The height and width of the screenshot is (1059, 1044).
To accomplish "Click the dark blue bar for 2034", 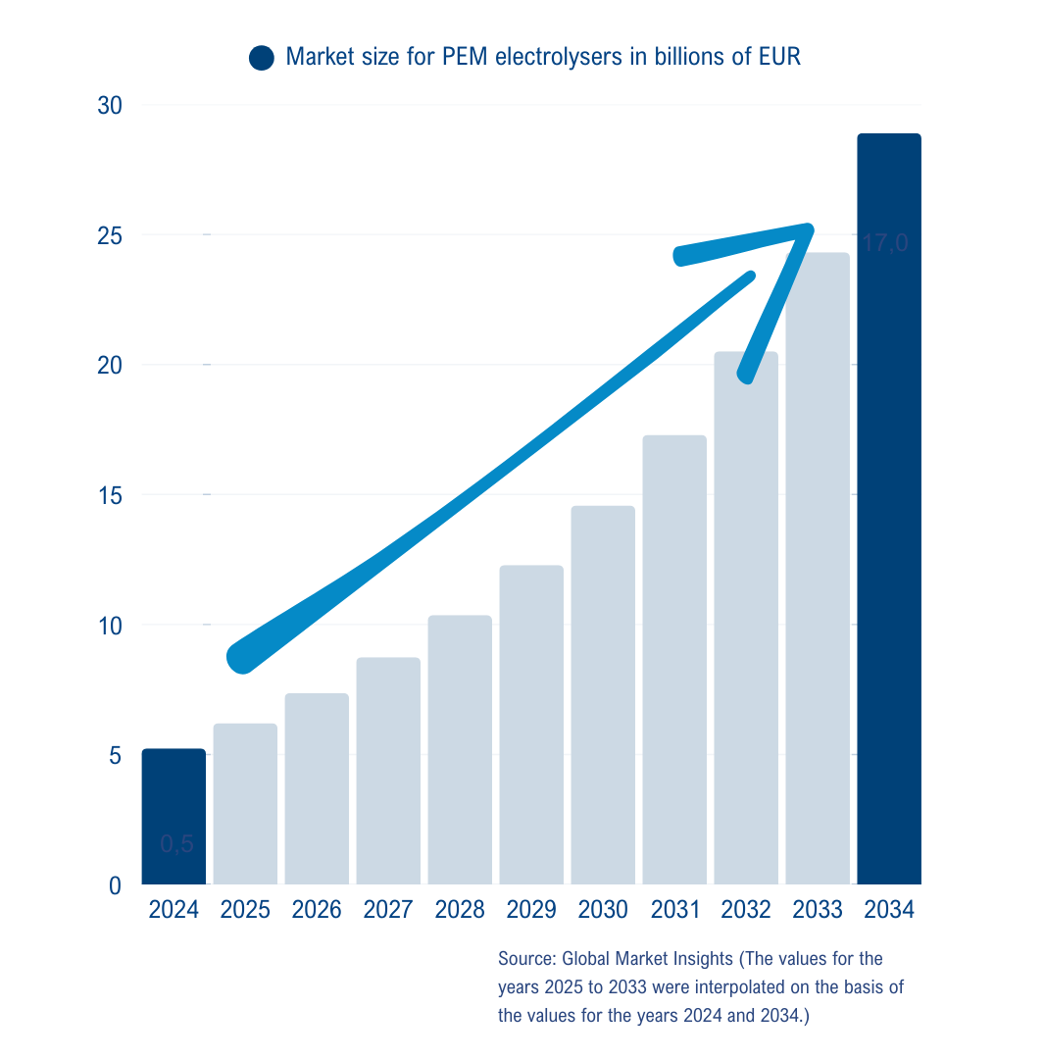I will [x=888, y=509].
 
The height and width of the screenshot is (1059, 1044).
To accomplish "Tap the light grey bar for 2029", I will [x=531, y=725].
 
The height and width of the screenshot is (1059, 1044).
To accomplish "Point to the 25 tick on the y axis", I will [x=109, y=235].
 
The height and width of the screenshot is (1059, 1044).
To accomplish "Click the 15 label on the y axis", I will [x=109, y=495].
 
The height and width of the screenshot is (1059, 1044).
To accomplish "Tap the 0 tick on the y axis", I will [x=115, y=885].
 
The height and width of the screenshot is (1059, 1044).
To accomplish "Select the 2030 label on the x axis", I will [x=603, y=910].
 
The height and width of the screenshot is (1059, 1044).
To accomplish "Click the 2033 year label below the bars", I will [x=818, y=910].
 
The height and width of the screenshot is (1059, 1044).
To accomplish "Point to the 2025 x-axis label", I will [x=245, y=910].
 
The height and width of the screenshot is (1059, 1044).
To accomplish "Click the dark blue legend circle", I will [x=262, y=58].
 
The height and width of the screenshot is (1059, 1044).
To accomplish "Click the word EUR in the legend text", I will [x=780, y=57].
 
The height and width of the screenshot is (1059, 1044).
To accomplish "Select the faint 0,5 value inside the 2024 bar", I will [x=176, y=844].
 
